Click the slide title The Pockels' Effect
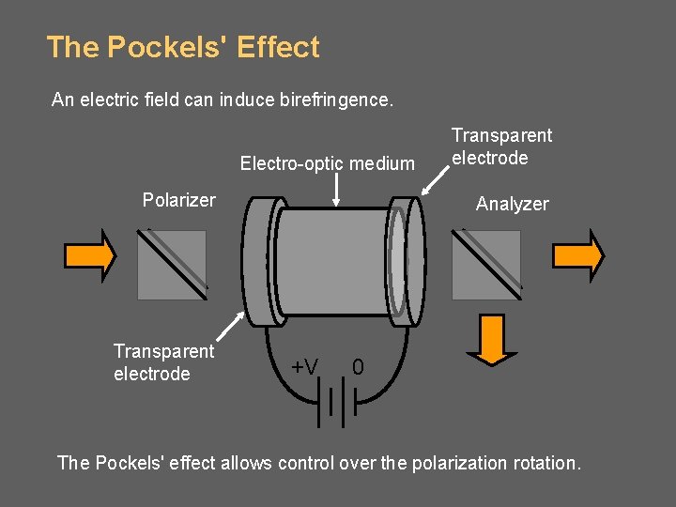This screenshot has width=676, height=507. tap(183, 47)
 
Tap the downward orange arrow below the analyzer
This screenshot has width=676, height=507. tap(491, 338)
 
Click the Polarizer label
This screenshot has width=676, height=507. tap(178, 200)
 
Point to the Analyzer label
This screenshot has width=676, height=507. tap(512, 204)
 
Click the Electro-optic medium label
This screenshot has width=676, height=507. tap(327, 164)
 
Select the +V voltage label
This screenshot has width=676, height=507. tap(303, 366)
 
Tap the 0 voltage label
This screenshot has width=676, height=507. tap(358, 366)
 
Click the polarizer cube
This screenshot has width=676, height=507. tap(172, 265)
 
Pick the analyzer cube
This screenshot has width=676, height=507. tap(486, 265)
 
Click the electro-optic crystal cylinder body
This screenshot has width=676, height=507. tap(333, 263)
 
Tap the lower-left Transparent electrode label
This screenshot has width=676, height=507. tap(163, 362)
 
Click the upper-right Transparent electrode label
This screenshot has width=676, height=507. tap(501, 146)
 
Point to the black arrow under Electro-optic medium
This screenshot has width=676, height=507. tap(336, 192)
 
